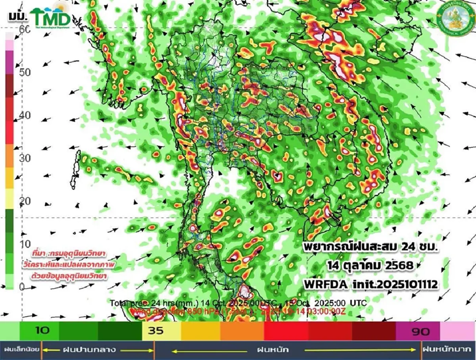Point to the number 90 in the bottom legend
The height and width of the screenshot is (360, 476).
pos(420,331)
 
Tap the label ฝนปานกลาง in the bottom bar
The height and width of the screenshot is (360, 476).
pos(89,350)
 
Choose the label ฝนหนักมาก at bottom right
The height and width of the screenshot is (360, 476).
pos(449,350)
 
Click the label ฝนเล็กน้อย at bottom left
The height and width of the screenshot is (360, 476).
pos(21,350)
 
